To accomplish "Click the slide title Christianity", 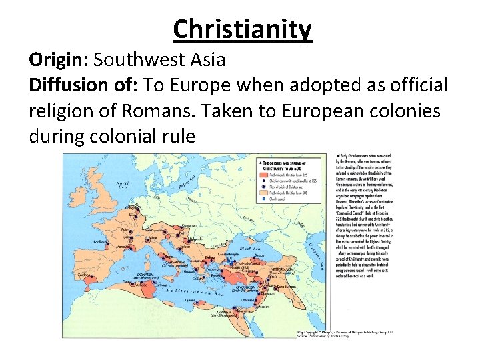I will (241, 29).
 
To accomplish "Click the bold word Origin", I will (56, 60).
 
